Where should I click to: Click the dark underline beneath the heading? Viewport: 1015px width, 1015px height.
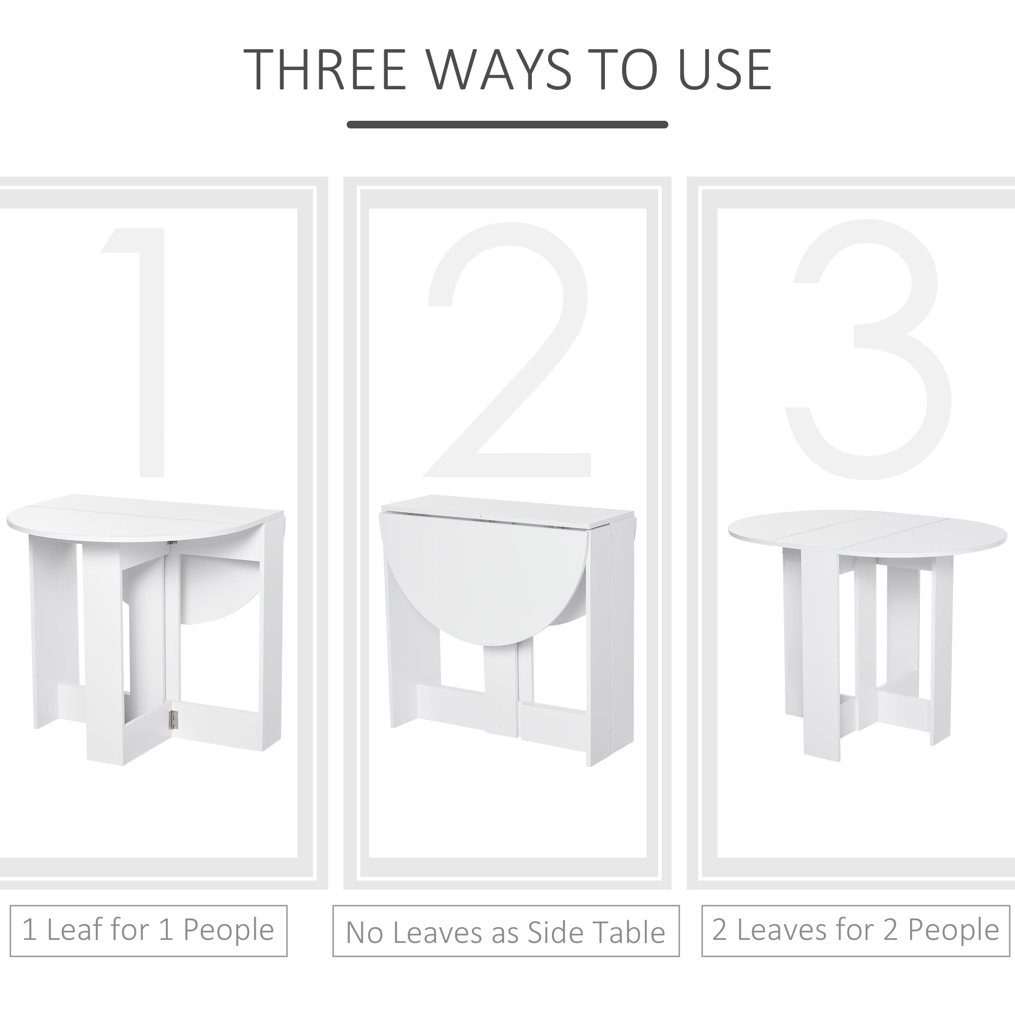coord(507,124)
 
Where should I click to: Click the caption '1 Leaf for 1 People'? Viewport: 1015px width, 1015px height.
coord(148,929)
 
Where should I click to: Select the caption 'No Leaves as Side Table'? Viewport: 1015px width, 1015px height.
coord(505,932)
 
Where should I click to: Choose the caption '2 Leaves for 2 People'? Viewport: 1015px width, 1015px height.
coord(855,929)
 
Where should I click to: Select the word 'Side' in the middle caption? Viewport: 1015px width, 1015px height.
coord(551,932)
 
